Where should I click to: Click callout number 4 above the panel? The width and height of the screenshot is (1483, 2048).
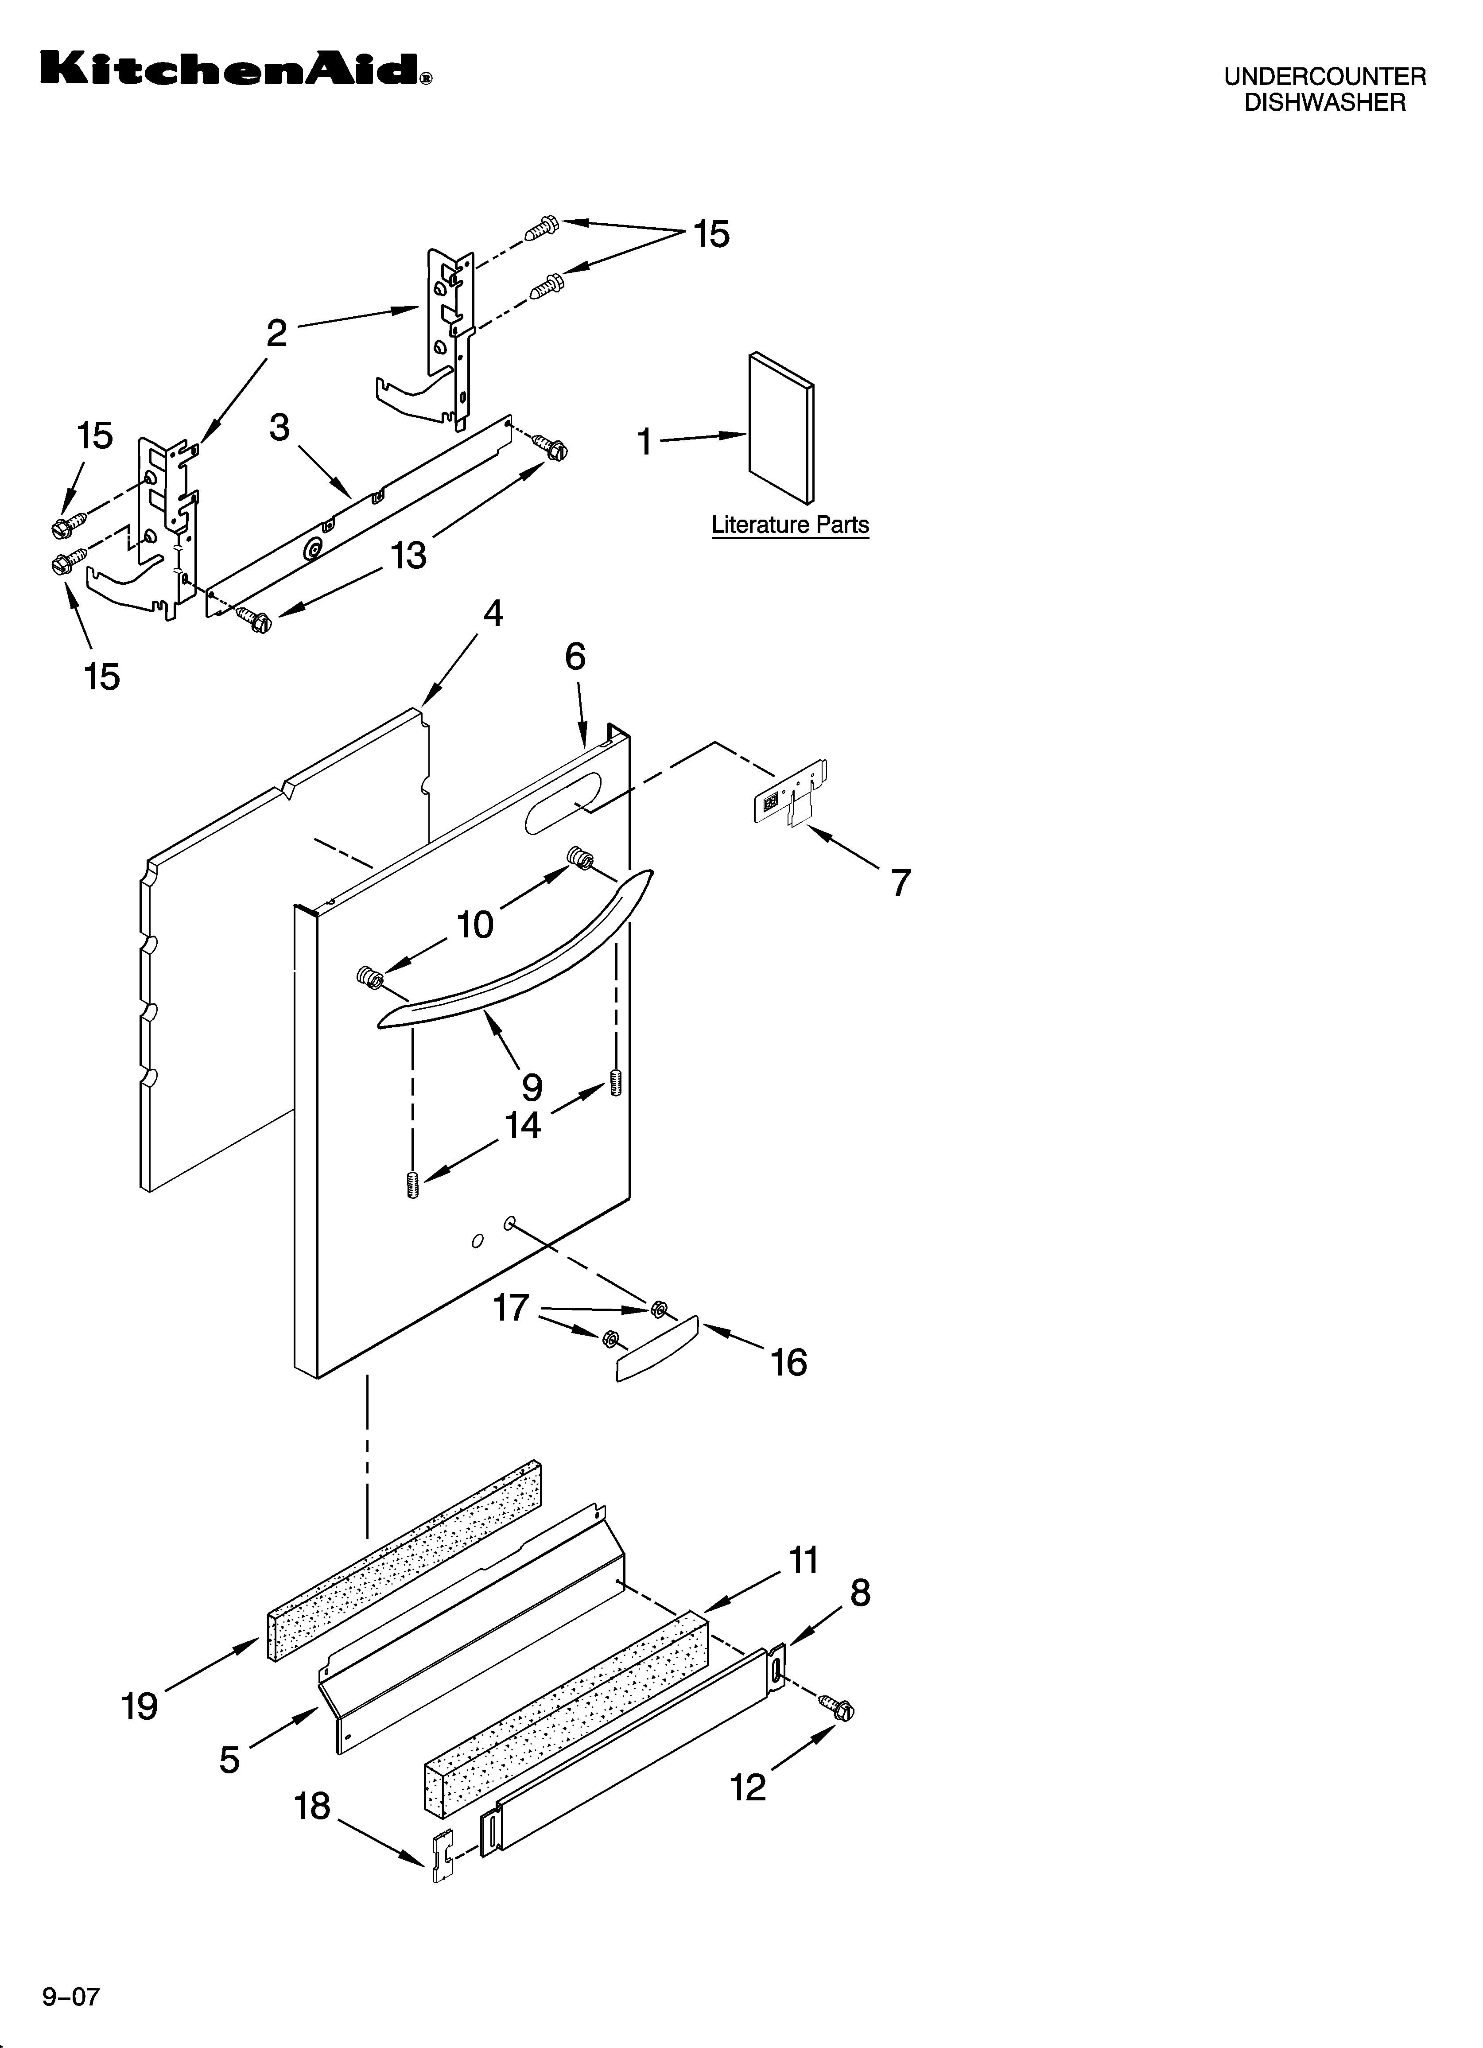click(493, 614)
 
